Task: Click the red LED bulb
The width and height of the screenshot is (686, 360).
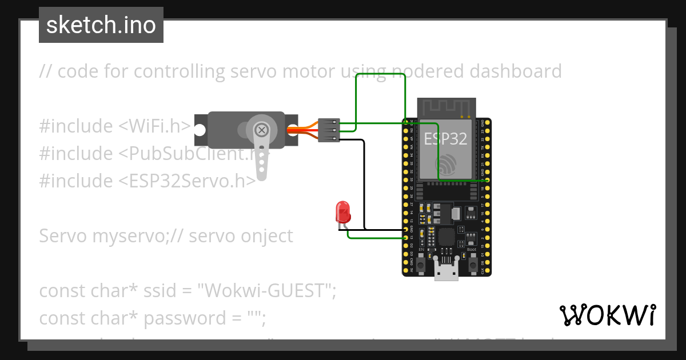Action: pyautogui.click(x=343, y=211)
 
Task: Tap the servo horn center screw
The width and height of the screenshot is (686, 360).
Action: pyautogui.click(x=262, y=130)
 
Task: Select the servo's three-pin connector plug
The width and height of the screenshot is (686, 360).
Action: pyautogui.click(x=329, y=130)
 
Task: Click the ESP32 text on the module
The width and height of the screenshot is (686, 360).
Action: pyautogui.click(x=445, y=139)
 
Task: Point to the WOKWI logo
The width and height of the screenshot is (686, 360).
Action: pyautogui.click(x=607, y=315)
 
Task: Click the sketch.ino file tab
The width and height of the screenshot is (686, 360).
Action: pyautogui.click(x=101, y=25)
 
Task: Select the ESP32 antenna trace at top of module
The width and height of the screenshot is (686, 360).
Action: pyautogui.click(x=446, y=107)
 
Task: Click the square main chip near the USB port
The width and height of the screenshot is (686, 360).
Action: pyautogui.click(x=446, y=237)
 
